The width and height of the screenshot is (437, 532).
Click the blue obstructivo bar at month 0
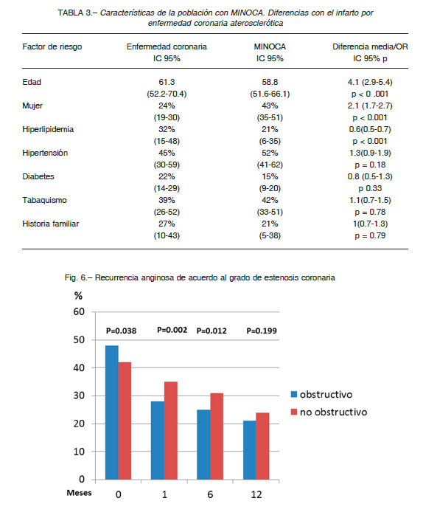pyautogui.click(x=112, y=412)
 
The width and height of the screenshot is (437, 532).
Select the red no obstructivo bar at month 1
pyautogui.click(x=171, y=431)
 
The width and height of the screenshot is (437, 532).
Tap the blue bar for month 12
pyautogui.click(x=249, y=450)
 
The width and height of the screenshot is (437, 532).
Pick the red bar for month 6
pyautogui.click(x=217, y=436)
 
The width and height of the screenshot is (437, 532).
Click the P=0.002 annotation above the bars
pyautogui.click(x=172, y=330)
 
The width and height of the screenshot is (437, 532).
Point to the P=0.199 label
pyautogui.click(x=262, y=331)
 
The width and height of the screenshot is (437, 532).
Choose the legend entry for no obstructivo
pyautogui.click(x=329, y=412)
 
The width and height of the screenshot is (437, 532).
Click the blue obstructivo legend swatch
pyautogui.click(x=294, y=394)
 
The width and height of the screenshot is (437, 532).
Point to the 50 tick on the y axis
pyautogui.click(x=79, y=339)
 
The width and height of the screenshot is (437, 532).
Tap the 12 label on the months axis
pyautogui.click(x=256, y=494)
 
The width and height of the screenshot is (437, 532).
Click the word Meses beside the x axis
pyautogui.click(x=79, y=493)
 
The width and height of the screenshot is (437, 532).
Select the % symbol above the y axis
pyautogui.click(x=78, y=296)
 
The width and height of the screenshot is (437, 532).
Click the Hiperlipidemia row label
pyautogui.click(x=48, y=129)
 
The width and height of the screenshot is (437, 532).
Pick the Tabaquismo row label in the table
pyautogui.click(x=44, y=200)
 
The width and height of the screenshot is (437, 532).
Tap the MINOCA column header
pyautogui.click(x=270, y=46)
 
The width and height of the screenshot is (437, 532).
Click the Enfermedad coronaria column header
pyautogui.click(x=167, y=46)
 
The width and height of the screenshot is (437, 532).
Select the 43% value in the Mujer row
pyautogui.click(x=270, y=106)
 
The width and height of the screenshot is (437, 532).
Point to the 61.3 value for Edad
pyautogui.click(x=167, y=82)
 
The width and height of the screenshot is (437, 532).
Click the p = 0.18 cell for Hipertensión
pyautogui.click(x=370, y=165)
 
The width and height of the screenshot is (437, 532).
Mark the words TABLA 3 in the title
pyautogui.click(x=74, y=13)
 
